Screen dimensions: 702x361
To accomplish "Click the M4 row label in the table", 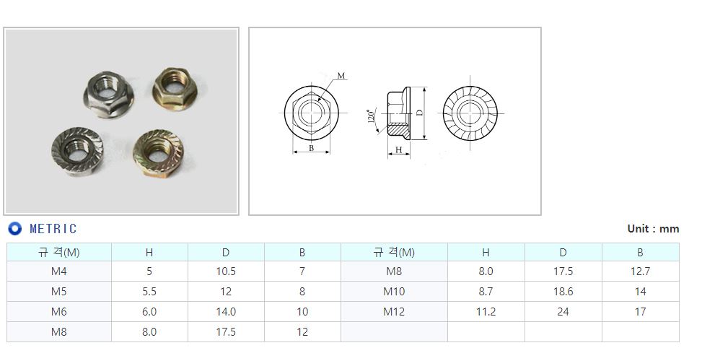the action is (x=58, y=271).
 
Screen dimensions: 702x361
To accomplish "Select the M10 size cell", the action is (x=394, y=292).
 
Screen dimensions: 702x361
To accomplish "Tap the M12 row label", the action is (x=394, y=312).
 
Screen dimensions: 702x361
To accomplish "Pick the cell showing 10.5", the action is (x=226, y=271).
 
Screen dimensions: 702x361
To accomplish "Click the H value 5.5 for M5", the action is (x=149, y=292).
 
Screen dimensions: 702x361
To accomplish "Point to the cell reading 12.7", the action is (x=640, y=271).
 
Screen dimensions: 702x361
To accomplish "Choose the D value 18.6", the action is (x=563, y=292).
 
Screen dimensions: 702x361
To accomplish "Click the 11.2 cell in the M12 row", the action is (x=486, y=312).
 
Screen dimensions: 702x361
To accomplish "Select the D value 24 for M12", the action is (x=563, y=312).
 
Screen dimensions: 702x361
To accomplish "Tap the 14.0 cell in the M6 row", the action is (x=226, y=312).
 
